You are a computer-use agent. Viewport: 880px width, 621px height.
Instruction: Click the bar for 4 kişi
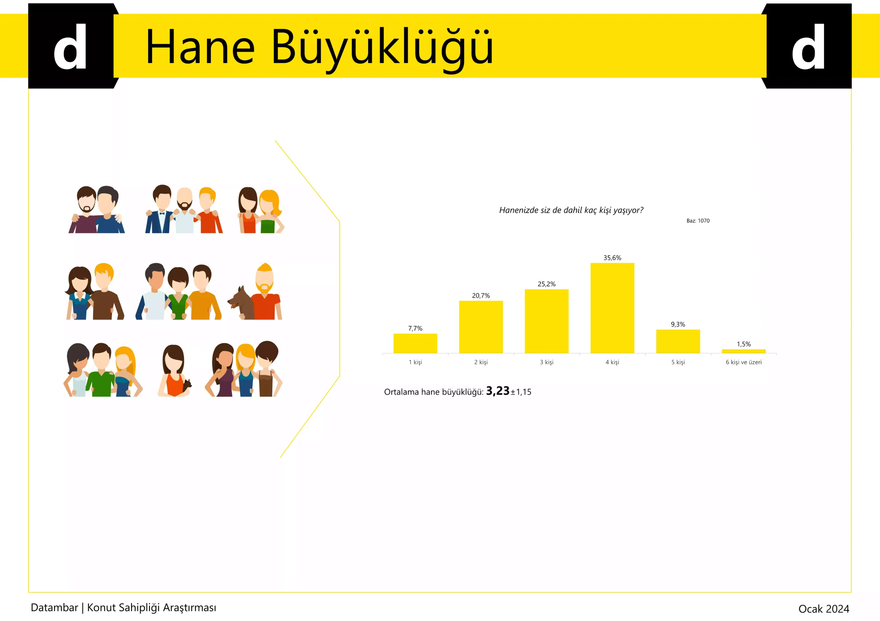[x=612, y=308]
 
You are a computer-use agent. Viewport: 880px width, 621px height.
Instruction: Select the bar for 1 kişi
[x=415, y=343]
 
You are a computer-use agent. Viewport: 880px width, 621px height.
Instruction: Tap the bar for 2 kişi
[x=481, y=327]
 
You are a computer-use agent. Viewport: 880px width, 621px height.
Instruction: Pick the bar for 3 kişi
[x=547, y=321]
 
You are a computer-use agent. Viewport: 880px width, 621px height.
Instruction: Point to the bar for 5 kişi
[x=678, y=341]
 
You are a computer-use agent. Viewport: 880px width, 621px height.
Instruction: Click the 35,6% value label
[x=612, y=258]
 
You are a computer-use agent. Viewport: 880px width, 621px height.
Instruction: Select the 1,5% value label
[x=744, y=344]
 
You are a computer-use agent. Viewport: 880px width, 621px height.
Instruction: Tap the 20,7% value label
[x=481, y=295]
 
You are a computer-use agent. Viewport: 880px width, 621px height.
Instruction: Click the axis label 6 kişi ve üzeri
[x=744, y=362]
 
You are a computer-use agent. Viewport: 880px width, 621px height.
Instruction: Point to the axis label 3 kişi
[x=547, y=362]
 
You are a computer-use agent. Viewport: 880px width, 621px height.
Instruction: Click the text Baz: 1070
[x=698, y=221]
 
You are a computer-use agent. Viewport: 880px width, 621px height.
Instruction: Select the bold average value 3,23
[x=497, y=391]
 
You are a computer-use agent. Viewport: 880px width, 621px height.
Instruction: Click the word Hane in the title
[x=200, y=47]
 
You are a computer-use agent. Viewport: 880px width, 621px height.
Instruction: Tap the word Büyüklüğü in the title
[x=382, y=49]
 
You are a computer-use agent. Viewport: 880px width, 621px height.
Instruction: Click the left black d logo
[x=71, y=46]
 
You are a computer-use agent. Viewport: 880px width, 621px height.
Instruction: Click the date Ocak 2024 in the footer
[x=824, y=609]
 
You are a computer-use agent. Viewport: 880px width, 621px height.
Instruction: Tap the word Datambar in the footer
[x=54, y=608]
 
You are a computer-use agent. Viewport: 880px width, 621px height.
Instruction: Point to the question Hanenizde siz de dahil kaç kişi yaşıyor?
[x=571, y=210]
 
